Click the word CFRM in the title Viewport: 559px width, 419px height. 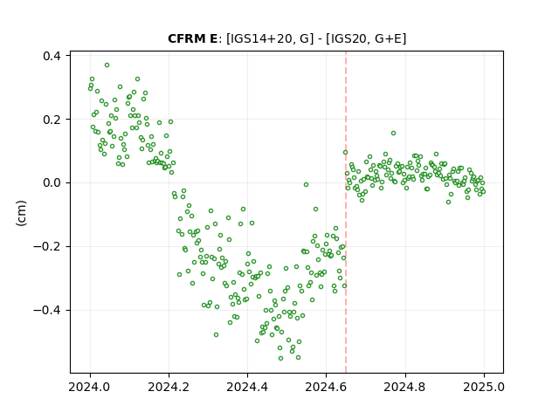185,38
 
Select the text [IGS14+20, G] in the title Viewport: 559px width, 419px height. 270,38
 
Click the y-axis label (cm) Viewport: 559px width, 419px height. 21,213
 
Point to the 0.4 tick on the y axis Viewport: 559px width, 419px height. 52,56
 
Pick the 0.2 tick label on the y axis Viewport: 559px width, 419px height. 52,120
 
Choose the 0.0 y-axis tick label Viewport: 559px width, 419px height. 52,183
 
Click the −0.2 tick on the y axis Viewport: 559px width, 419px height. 47,246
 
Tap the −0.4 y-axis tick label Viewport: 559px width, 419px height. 47,311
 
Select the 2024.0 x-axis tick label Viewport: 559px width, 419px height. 90,387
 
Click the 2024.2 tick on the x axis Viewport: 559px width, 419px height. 169,387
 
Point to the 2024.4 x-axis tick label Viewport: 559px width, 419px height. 247,387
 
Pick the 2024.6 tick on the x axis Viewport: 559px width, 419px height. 326,387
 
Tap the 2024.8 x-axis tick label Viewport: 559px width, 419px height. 404,387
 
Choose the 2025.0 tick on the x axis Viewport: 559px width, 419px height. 484,387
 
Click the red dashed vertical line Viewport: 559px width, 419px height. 346,212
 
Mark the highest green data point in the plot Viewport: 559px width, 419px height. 107,65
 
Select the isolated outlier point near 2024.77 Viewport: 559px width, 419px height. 394,134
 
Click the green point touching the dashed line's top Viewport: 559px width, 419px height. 346,153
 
